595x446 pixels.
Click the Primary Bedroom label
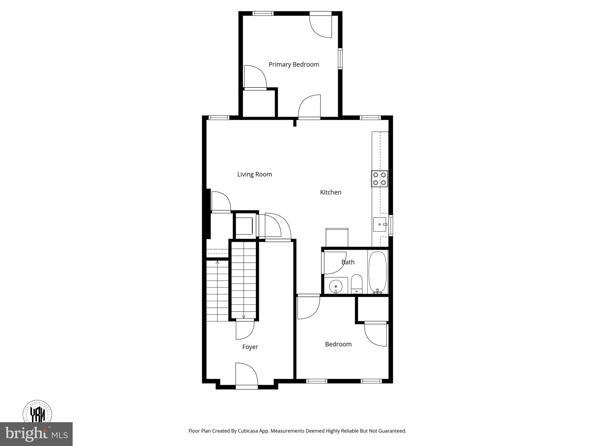(294, 64)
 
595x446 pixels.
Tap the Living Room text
(255, 174)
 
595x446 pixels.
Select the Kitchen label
(331, 192)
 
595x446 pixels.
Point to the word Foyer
(250, 347)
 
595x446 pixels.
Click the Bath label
(348, 262)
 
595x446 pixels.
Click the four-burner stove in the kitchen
(379, 179)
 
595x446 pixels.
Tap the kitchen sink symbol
(379, 224)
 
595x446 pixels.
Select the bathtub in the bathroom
(378, 272)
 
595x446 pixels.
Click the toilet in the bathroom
(356, 284)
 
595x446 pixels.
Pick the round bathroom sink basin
(336, 286)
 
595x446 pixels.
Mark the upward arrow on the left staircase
(217, 262)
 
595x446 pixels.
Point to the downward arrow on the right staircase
(243, 316)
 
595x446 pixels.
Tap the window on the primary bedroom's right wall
(340, 59)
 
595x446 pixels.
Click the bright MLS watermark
(36, 434)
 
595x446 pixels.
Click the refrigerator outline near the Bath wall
(337, 238)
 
